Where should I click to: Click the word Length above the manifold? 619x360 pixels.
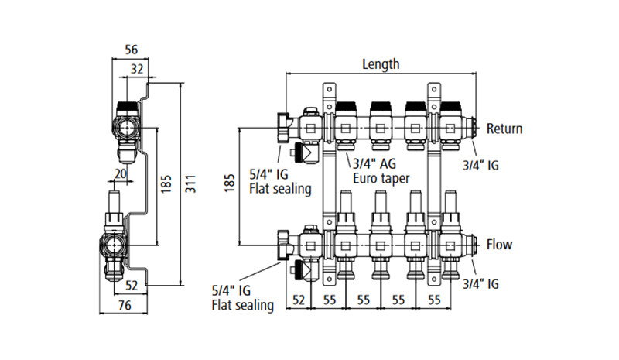click(381, 64)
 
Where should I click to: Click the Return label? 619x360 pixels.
click(504, 129)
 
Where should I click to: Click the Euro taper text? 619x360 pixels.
click(381, 177)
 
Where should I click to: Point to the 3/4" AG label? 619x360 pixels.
click(376, 163)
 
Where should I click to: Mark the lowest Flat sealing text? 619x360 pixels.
click(242, 305)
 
